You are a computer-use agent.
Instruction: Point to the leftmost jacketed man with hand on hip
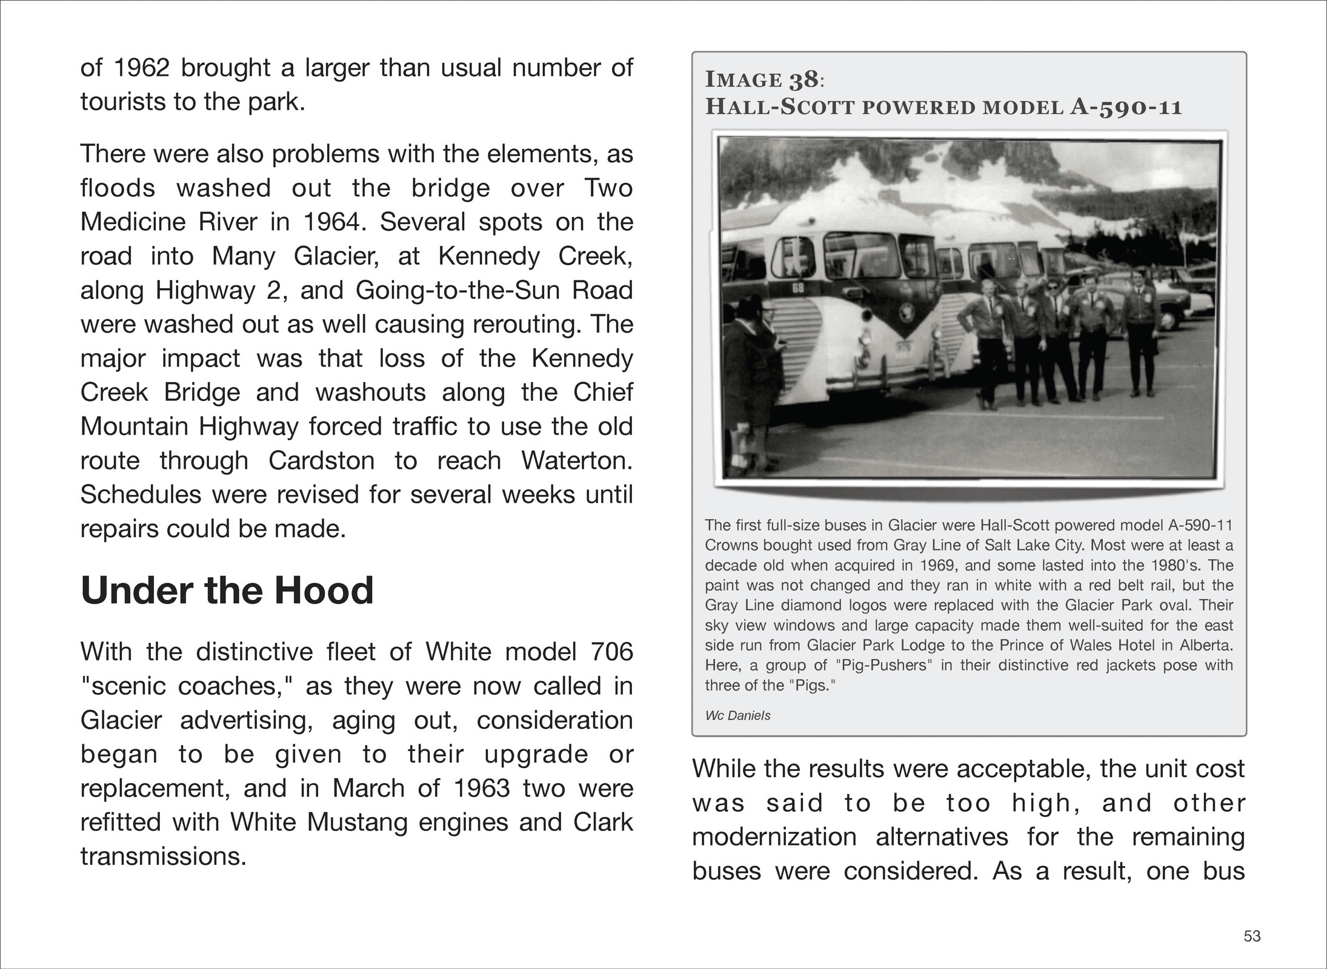pyautogui.click(x=982, y=339)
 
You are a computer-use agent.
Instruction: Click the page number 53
pyautogui.click(x=1252, y=936)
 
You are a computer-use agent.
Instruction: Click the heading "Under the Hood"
pyautogui.click(x=227, y=590)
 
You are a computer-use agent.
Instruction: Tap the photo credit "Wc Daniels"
pyautogui.click(x=737, y=715)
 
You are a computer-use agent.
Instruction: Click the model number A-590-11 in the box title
pyautogui.click(x=1126, y=107)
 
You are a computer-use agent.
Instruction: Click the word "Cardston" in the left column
pyautogui.click(x=321, y=460)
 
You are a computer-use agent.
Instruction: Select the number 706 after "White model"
pyautogui.click(x=611, y=652)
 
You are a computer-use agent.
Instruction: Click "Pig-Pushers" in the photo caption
pyautogui.click(x=884, y=665)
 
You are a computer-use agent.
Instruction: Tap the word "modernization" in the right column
pyautogui.click(x=774, y=837)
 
